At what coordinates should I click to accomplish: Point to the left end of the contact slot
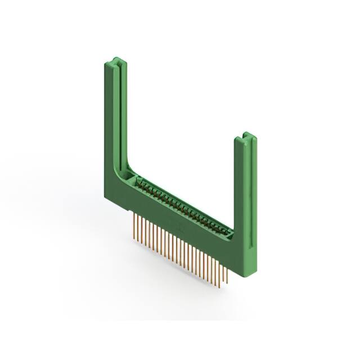137,181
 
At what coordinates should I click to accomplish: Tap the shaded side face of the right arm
238,186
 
